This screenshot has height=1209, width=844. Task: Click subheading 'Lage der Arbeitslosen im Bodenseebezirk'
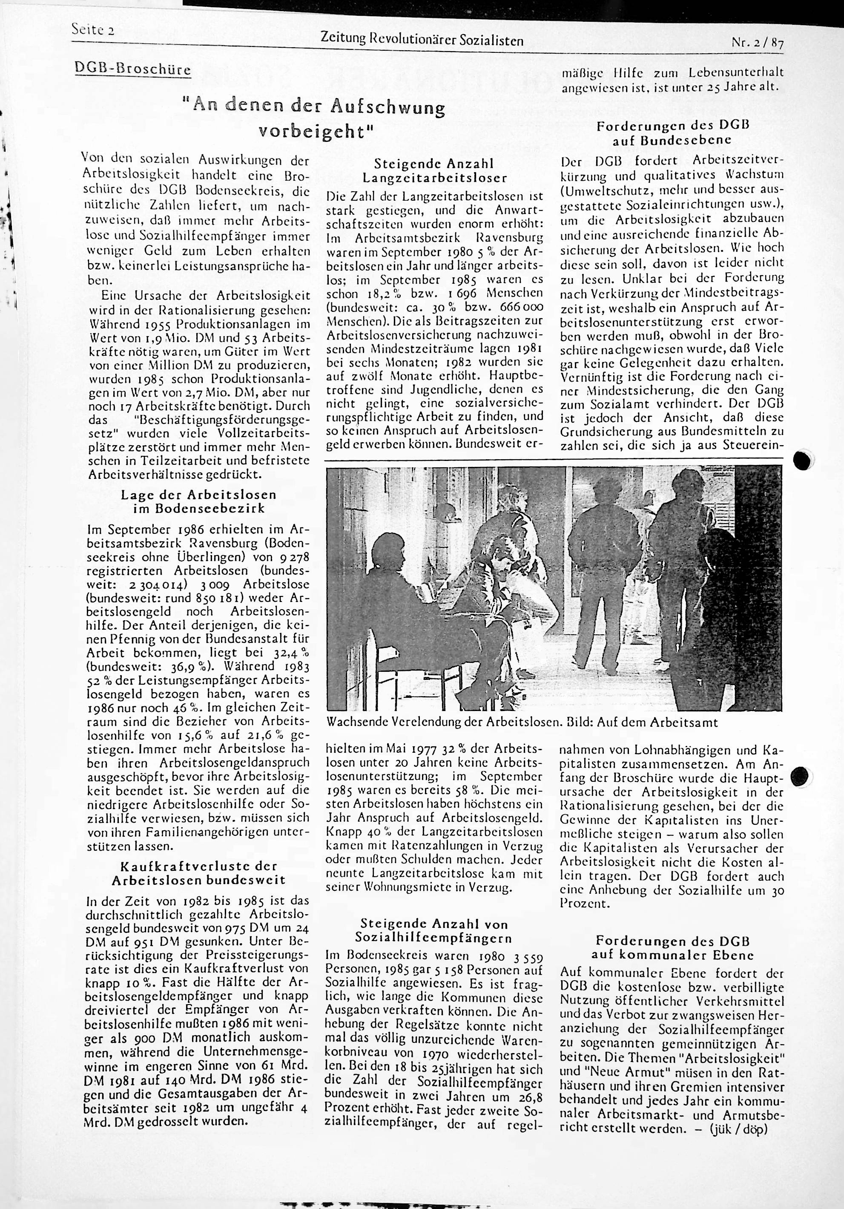pyautogui.click(x=198, y=501)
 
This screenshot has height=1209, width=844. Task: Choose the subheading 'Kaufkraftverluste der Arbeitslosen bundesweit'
pyautogui.click(x=198, y=872)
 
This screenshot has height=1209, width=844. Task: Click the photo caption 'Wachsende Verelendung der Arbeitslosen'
pyautogui.click(x=441, y=723)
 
